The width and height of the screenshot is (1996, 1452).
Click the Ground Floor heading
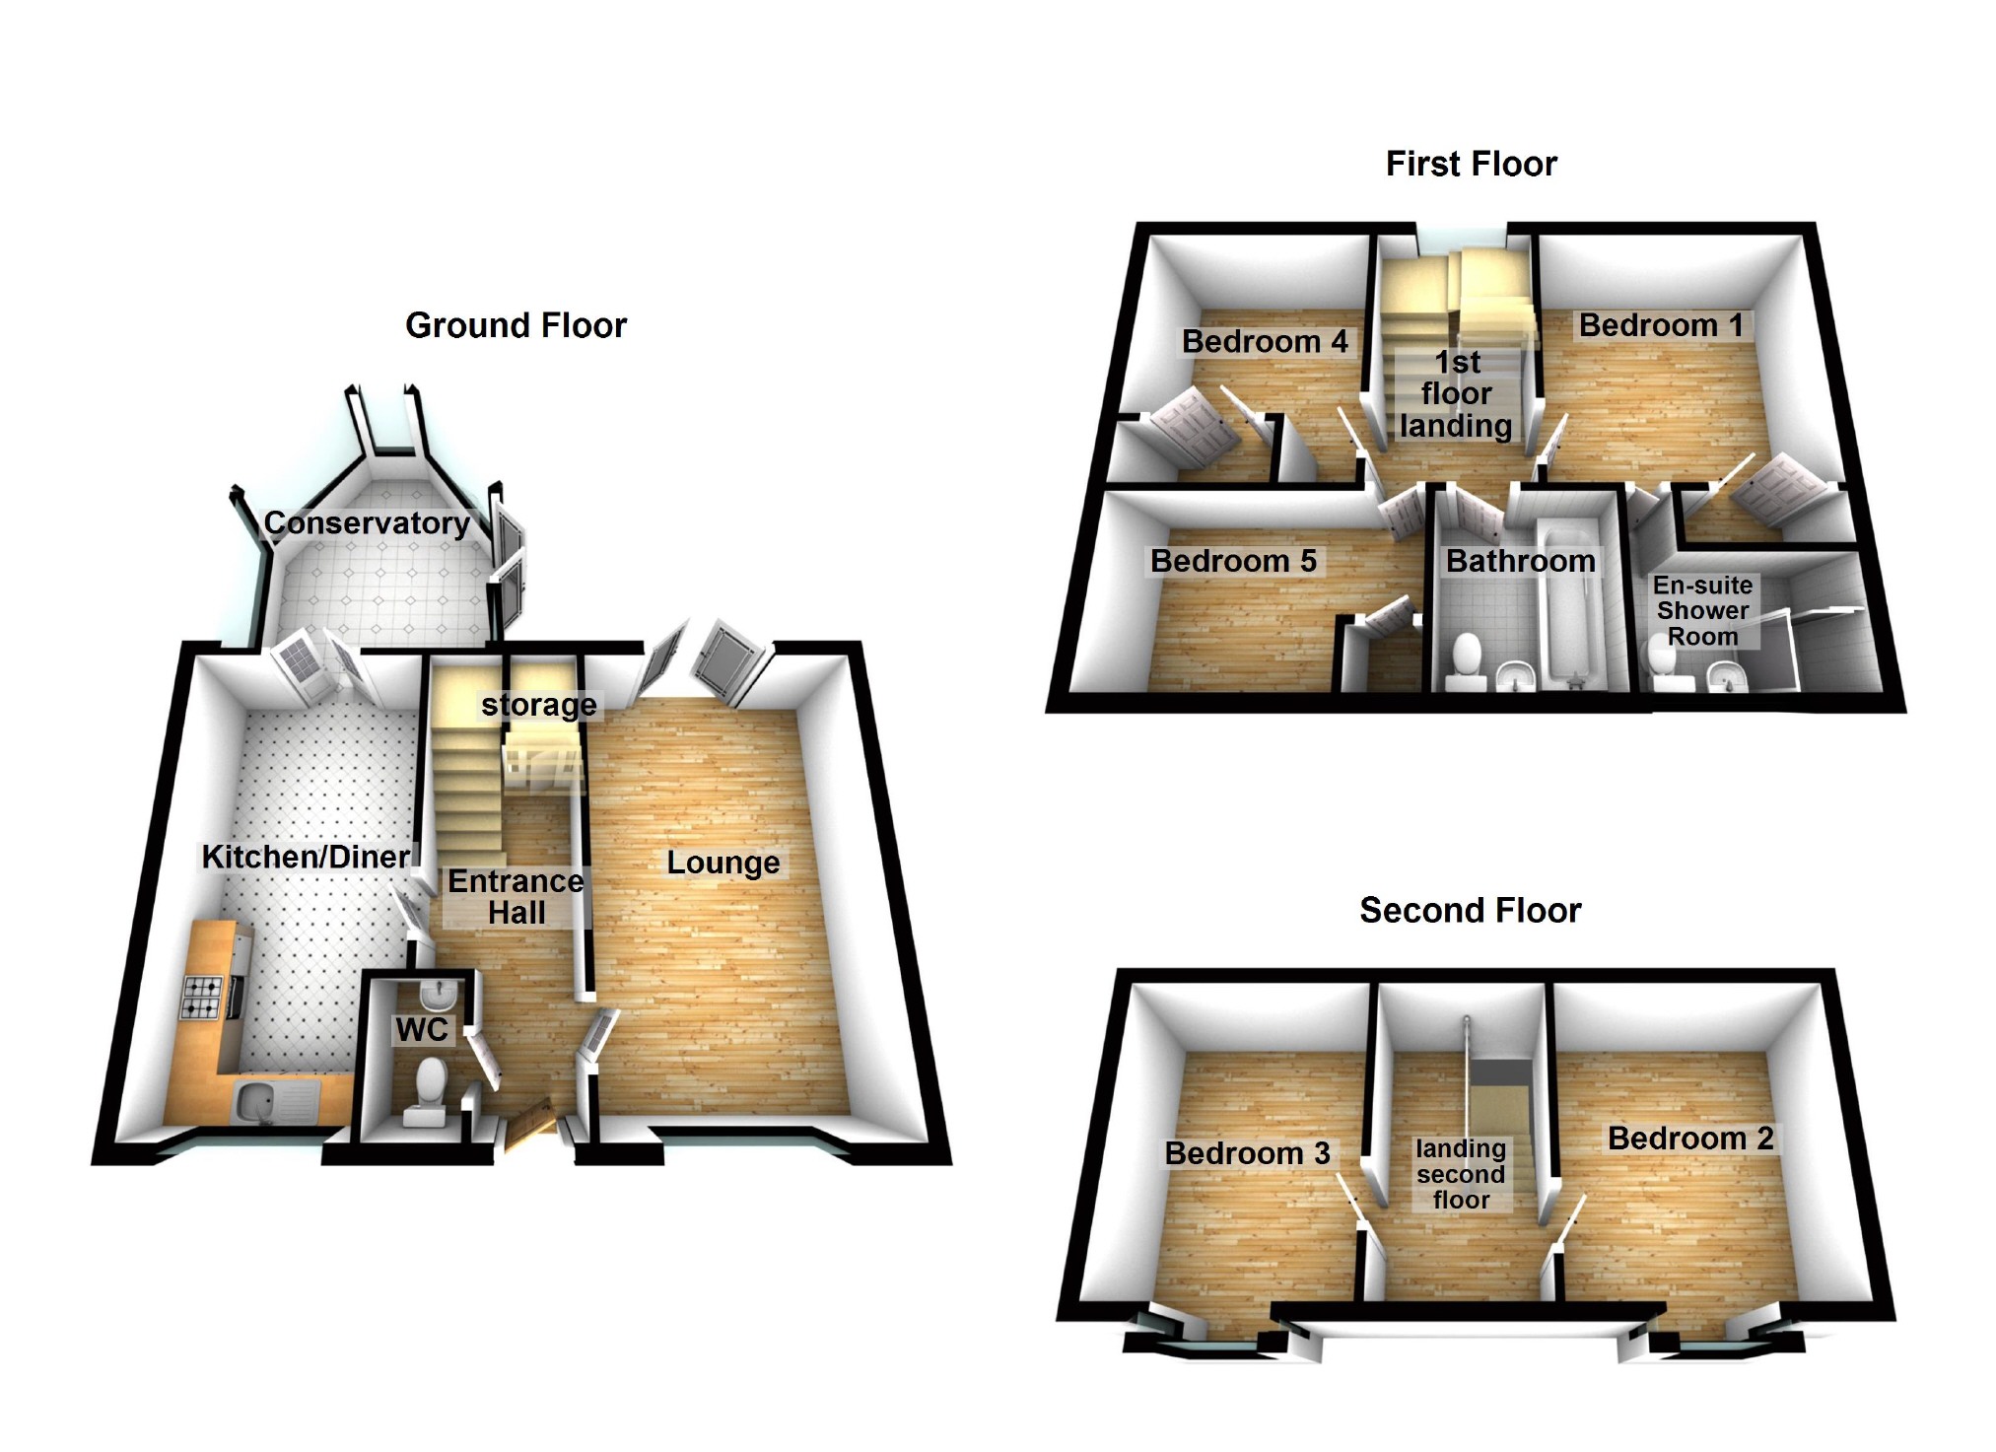pyautogui.click(x=516, y=325)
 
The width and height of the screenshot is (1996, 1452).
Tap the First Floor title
pyautogui.click(x=1471, y=164)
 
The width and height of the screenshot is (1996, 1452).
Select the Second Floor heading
pyautogui.click(x=1470, y=910)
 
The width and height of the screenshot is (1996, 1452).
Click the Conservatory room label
pyautogui.click(x=367, y=522)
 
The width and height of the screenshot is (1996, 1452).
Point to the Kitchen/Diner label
pyautogui.click(x=306, y=857)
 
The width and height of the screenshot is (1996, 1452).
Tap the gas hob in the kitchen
pyautogui.click(x=200, y=996)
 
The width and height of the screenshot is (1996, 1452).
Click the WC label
pyautogui.click(x=422, y=1030)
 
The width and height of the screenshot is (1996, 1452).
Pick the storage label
pyautogui.click(x=538, y=705)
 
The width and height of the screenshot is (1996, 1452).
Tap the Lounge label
pyautogui.click(x=723, y=863)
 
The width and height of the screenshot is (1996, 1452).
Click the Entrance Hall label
pyautogui.click(x=516, y=896)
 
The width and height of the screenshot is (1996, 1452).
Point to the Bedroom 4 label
pyautogui.click(x=1264, y=341)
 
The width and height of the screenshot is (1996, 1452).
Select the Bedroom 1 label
pyautogui.click(x=1661, y=325)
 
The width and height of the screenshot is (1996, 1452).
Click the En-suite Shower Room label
pyautogui.click(x=1702, y=611)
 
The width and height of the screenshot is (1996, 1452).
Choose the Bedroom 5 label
pyautogui.click(x=1233, y=561)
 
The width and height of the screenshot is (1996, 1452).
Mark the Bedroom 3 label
pyautogui.click(x=1247, y=1152)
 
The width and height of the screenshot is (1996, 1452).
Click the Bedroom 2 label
pyautogui.click(x=1690, y=1139)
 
